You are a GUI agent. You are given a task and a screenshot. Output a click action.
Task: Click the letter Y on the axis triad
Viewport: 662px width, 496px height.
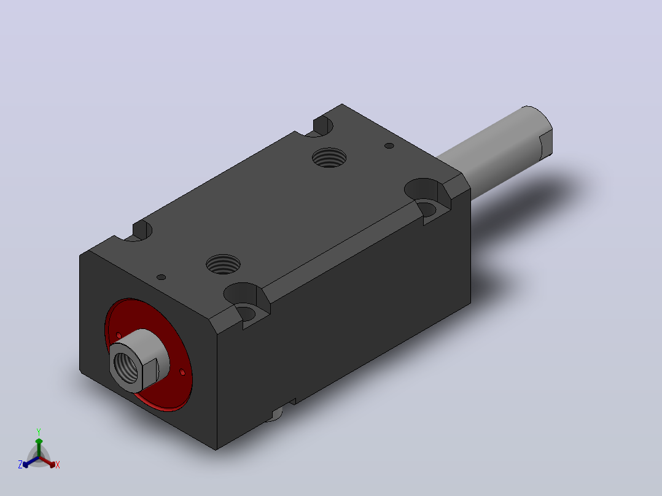tap(39, 432)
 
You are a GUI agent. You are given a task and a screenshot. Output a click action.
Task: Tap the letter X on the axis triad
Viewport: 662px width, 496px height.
tap(58, 465)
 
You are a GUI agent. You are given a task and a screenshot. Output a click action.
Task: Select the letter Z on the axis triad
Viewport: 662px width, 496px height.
tap(20, 465)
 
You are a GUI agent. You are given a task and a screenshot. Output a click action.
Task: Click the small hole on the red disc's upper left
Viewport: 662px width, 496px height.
tap(119, 335)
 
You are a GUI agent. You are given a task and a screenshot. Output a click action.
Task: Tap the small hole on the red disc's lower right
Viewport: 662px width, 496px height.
tap(182, 372)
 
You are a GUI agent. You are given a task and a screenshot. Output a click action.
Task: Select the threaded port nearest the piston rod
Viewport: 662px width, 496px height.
tap(329, 157)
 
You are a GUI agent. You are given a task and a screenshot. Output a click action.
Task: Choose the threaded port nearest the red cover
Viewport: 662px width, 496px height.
tap(224, 264)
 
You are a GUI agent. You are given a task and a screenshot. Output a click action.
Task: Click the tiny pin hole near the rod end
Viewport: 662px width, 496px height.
tap(389, 145)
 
